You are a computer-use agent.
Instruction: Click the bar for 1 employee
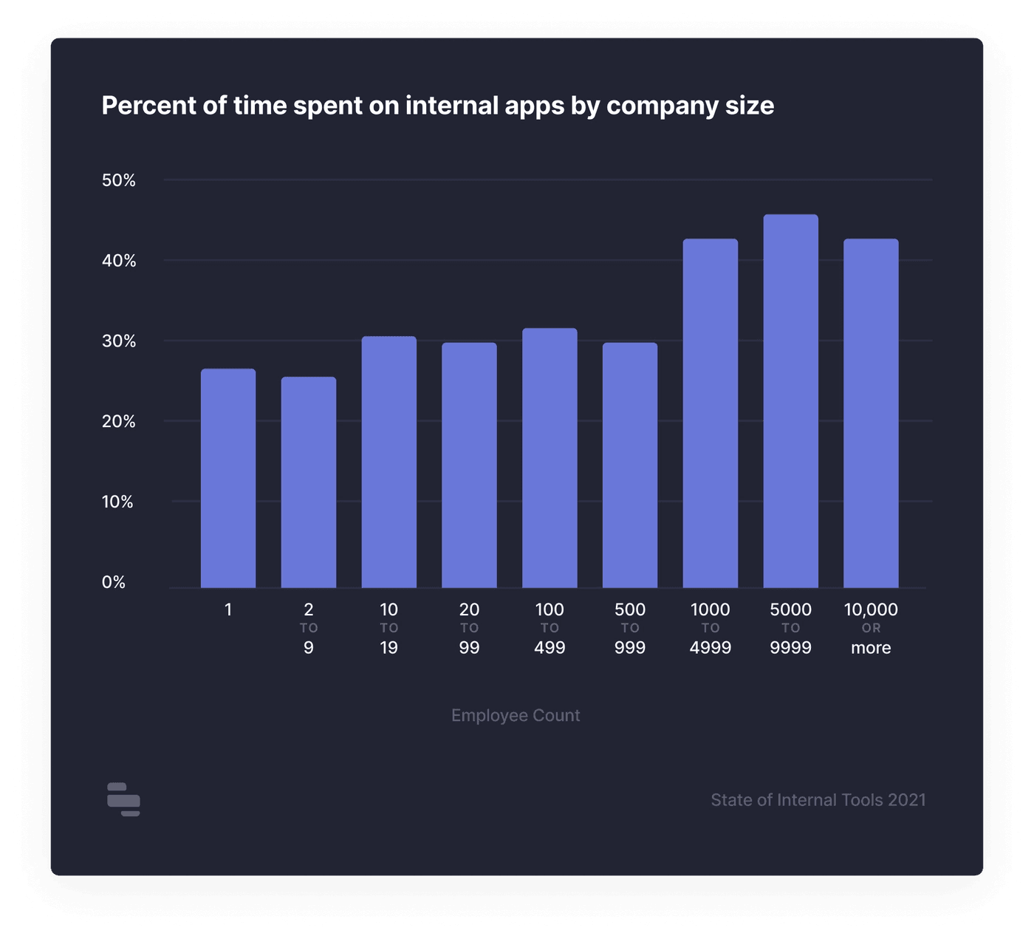228,479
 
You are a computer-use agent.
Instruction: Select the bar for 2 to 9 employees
309,483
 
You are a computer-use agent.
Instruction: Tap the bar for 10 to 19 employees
389,462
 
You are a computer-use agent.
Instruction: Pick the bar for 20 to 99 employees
469,465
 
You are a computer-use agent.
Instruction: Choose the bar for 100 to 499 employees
549,458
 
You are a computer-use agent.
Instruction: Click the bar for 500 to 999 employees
630,465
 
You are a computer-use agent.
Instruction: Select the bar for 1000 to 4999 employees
711,414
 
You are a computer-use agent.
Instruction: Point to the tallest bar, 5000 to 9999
791,401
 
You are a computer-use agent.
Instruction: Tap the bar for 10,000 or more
872,414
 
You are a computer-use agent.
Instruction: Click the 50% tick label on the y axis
119,180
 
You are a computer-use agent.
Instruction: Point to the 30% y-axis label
119,341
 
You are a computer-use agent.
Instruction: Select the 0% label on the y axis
114,582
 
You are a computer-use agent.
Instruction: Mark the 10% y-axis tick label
117,502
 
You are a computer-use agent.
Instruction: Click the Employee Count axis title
516,715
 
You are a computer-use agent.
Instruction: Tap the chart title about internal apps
438,106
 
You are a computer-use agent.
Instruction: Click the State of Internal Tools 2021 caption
818,800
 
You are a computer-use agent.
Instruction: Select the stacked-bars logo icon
123,799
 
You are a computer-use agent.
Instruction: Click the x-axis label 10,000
871,610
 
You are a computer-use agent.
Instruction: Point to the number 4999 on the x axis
711,648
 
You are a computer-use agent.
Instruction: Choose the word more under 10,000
871,648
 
